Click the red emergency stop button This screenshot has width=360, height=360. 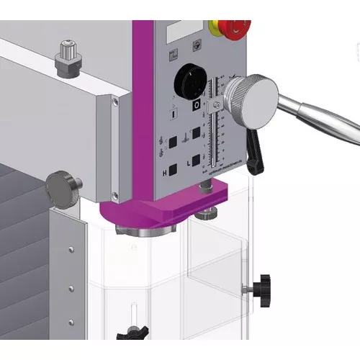(233, 28)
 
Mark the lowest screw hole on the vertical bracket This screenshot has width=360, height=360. (71, 321)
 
